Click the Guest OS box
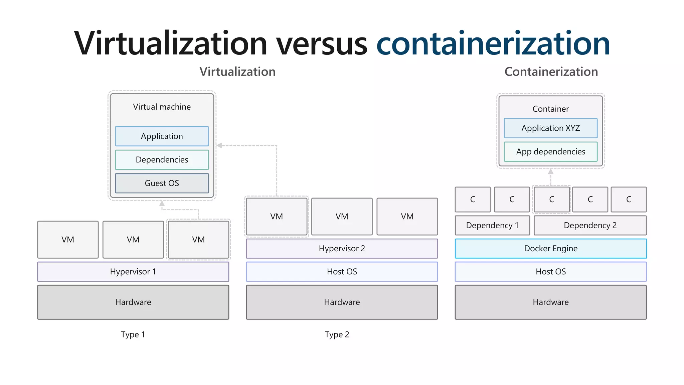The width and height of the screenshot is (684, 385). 162,183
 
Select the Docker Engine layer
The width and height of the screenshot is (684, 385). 550,248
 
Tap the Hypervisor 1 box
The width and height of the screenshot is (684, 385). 133,271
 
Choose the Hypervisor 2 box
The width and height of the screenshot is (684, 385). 342,248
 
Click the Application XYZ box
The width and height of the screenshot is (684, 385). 550,128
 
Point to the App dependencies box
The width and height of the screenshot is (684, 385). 550,152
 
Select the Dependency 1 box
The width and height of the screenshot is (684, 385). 492,225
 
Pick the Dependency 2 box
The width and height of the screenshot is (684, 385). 590,225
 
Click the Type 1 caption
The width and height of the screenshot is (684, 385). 133,334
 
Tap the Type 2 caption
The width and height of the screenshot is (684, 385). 337,334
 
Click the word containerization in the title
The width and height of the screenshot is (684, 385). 493,43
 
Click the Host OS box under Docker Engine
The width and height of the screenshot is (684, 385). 550,271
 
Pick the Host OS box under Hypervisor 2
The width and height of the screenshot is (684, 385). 342,271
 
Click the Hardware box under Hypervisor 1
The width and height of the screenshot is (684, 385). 133,302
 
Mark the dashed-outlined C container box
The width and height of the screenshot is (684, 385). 551,199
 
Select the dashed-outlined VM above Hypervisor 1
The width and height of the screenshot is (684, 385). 198,240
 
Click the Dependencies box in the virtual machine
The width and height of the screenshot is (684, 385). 162,160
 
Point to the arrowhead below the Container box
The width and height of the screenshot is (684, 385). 551,171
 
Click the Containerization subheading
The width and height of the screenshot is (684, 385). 551,72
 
